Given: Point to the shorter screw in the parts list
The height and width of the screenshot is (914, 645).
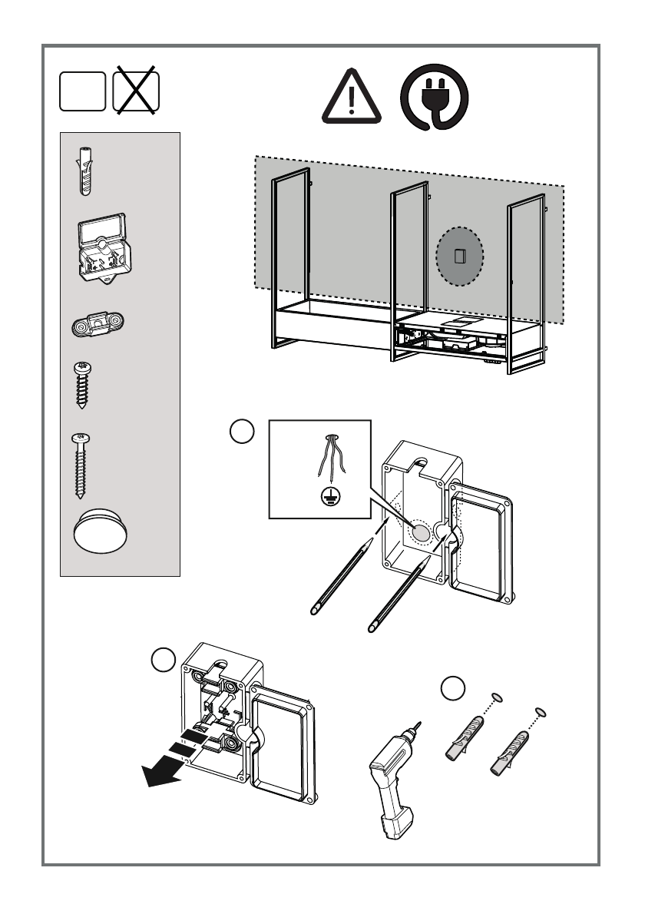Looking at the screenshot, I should (x=81, y=384).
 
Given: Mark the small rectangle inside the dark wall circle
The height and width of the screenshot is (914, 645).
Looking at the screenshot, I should (x=460, y=257).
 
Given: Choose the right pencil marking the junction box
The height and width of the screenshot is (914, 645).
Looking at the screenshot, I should (x=398, y=596).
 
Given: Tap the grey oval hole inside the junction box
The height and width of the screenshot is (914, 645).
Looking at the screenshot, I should (x=419, y=532).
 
